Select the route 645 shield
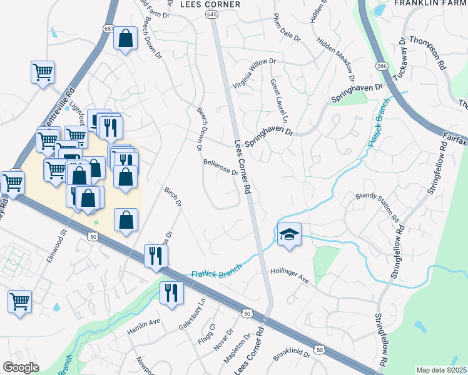212,14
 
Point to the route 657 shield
109,29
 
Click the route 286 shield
381,66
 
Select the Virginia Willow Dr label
253,70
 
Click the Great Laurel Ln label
278,101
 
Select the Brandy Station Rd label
377,207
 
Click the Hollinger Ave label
290,276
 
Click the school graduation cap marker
289,235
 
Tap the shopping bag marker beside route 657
126,39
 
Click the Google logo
21,367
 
